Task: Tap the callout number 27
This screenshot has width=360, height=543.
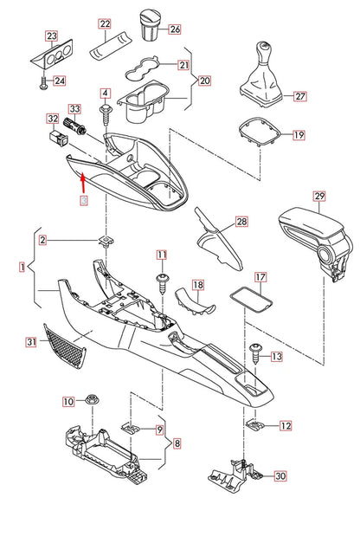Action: [299, 97]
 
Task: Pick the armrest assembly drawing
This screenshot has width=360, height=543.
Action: [311, 237]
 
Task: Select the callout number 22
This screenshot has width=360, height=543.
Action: [105, 24]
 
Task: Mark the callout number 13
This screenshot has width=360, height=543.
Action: [277, 356]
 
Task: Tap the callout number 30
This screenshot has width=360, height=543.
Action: [279, 476]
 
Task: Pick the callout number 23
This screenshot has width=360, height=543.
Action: [51, 36]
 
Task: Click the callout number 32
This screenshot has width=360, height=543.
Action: [52, 119]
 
